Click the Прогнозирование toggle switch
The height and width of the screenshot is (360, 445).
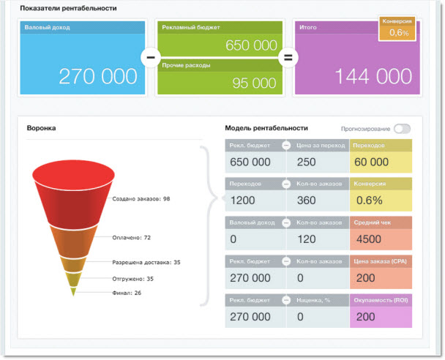[402, 129]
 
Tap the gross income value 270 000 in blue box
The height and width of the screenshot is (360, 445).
[97, 76]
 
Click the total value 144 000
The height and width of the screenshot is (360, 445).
[373, 76]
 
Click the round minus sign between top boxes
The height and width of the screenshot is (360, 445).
[150, 56]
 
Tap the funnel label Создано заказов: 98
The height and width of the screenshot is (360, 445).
[141, 199]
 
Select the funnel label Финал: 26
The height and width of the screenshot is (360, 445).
[127, 293]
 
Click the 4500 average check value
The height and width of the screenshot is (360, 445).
[368, 239]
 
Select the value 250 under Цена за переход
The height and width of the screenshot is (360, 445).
[307, 162]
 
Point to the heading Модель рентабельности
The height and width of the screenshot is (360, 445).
[266, 128]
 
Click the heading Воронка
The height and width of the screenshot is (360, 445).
[41, 128]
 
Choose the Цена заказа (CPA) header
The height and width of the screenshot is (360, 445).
[379, 260]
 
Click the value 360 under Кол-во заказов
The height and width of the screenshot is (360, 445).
[308, 200]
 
